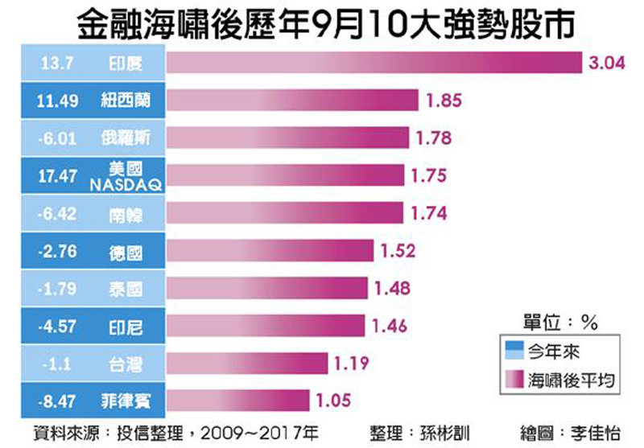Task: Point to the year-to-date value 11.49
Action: (x=56, y=101)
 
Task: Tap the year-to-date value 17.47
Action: (x=56, y=175)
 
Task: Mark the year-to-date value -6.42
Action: (x=56, y=213)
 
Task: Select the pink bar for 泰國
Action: (x=267, y=289)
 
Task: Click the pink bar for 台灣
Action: (x=247, y=364)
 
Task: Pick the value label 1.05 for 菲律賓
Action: (x=332, y=401)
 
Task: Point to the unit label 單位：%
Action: (x=558, y=323)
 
